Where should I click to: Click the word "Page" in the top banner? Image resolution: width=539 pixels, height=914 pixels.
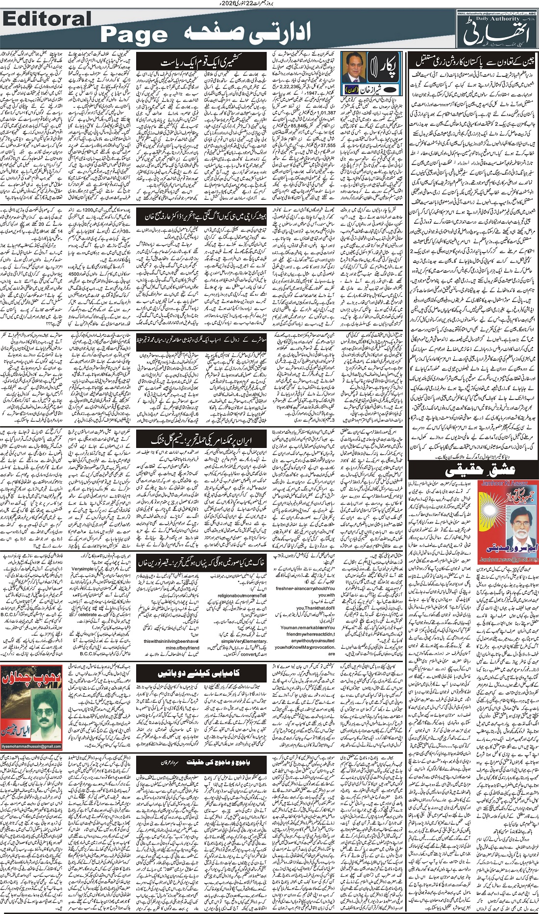coord(134,35)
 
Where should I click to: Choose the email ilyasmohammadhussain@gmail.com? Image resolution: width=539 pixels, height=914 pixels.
coord(31,747)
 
